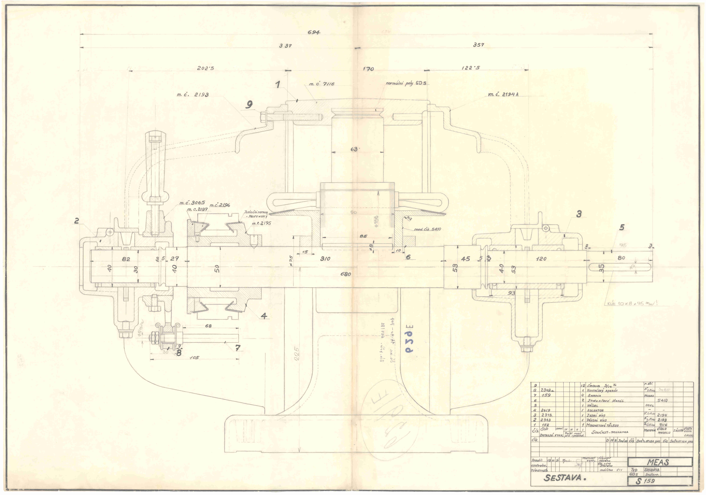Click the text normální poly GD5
pos(406,83)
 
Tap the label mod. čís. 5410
pos(427,229)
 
